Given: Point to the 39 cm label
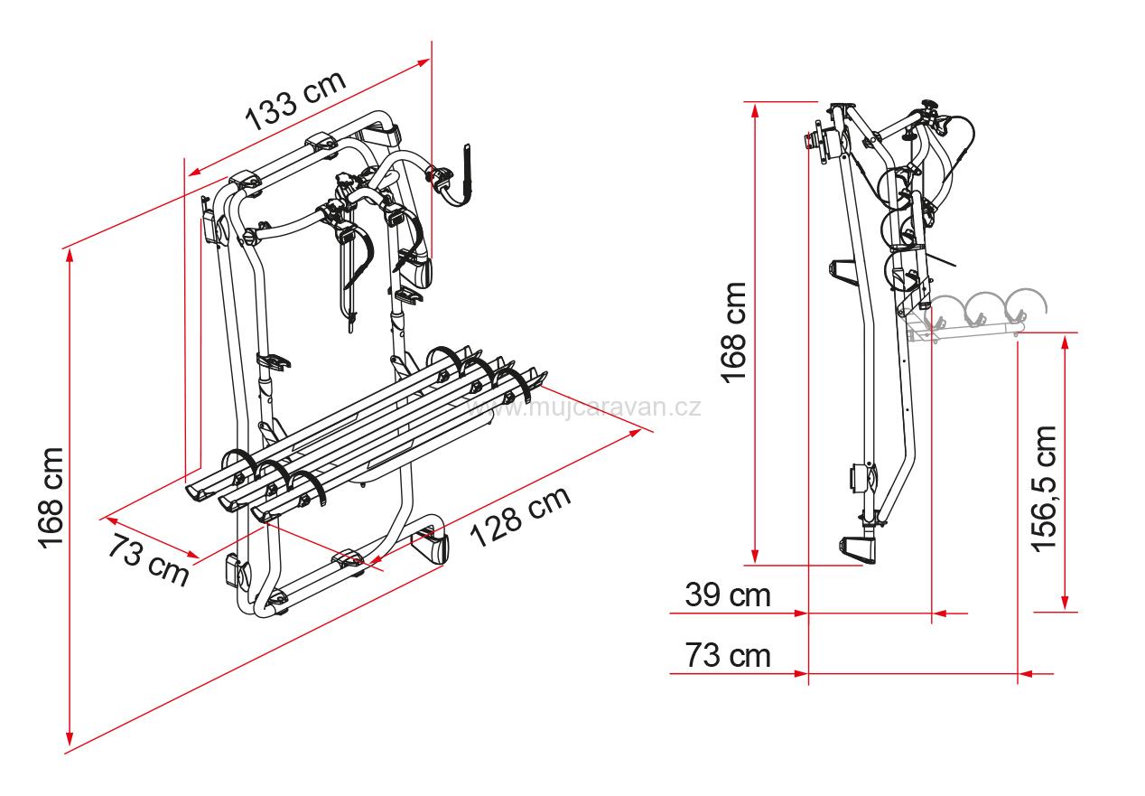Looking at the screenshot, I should tap(728, 595).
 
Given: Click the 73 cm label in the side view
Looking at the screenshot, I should tap(728, 656).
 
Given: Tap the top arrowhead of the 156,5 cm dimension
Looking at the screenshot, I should tap(1066, 340).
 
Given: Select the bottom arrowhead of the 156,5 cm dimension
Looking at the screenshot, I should tap(1066, 605).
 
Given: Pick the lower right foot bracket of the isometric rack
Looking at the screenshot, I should tap(430, 545).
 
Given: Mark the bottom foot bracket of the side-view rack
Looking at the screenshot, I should tap(858, 549).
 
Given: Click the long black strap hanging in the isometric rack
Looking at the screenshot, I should tap(354, 271).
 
